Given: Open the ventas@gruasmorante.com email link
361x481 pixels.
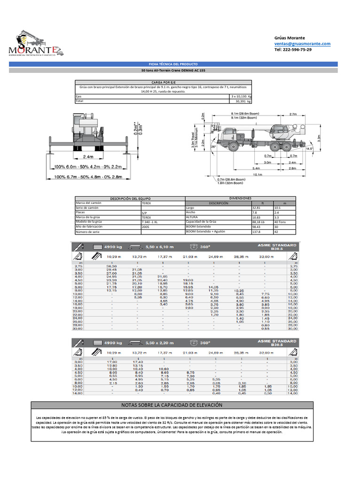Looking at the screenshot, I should click(302, 44).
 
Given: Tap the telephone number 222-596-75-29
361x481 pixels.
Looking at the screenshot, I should click(292, 49).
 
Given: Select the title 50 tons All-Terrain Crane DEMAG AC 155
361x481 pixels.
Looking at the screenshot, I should click(173, 70).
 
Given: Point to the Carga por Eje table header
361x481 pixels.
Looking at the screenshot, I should click(163, 82).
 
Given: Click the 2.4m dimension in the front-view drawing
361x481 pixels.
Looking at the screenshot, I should click(88, 156).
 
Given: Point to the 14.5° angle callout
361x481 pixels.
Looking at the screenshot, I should click(309, 148).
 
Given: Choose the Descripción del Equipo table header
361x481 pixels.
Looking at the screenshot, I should click(130, 199).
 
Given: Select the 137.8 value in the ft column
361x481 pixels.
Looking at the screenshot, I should click(257, 232).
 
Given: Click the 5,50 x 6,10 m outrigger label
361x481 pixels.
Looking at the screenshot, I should click(159, 247).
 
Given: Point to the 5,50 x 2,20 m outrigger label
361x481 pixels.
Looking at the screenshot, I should click(159, 343).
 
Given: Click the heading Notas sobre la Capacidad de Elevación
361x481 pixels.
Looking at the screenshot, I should click(173, 405).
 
